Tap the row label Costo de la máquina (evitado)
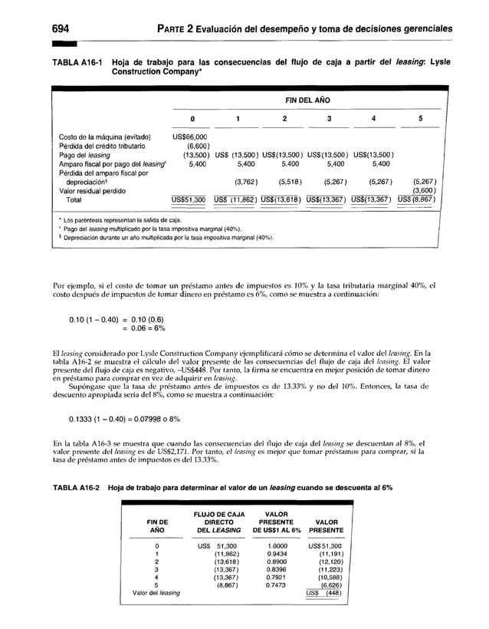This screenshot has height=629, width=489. point(104,137)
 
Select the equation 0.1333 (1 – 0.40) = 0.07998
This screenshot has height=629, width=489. point(132,418)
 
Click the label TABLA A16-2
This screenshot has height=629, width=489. point(79,488)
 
